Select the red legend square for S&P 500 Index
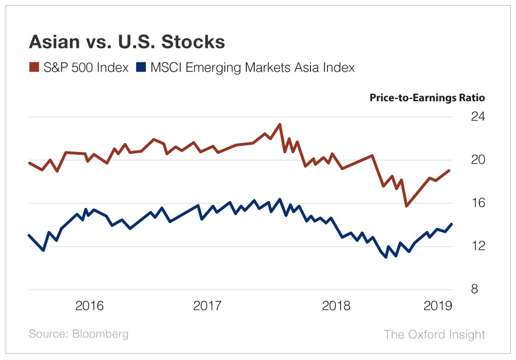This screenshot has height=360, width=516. (x=34, y=67)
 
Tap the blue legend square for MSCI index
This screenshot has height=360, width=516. (x=141, y=67)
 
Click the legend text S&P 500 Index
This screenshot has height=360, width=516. (x=86, y=67)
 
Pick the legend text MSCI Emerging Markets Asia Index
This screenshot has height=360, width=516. (x=252, y=67)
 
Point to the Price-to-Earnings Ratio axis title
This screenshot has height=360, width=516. (x=427, y=98)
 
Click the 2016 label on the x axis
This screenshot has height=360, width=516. (x=90, y=306)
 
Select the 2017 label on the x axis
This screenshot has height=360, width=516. (x=207, y=306)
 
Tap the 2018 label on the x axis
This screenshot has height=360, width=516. (x=336, y=306)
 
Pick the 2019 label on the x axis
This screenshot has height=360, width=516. (x=438, y=306)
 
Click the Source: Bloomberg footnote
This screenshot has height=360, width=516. (x=78, y=334)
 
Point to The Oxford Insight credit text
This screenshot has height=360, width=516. (x=434, y=334)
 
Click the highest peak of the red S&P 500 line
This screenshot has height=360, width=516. (x=280, y=124)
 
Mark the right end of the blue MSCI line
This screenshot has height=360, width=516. (x=452, y=224)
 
